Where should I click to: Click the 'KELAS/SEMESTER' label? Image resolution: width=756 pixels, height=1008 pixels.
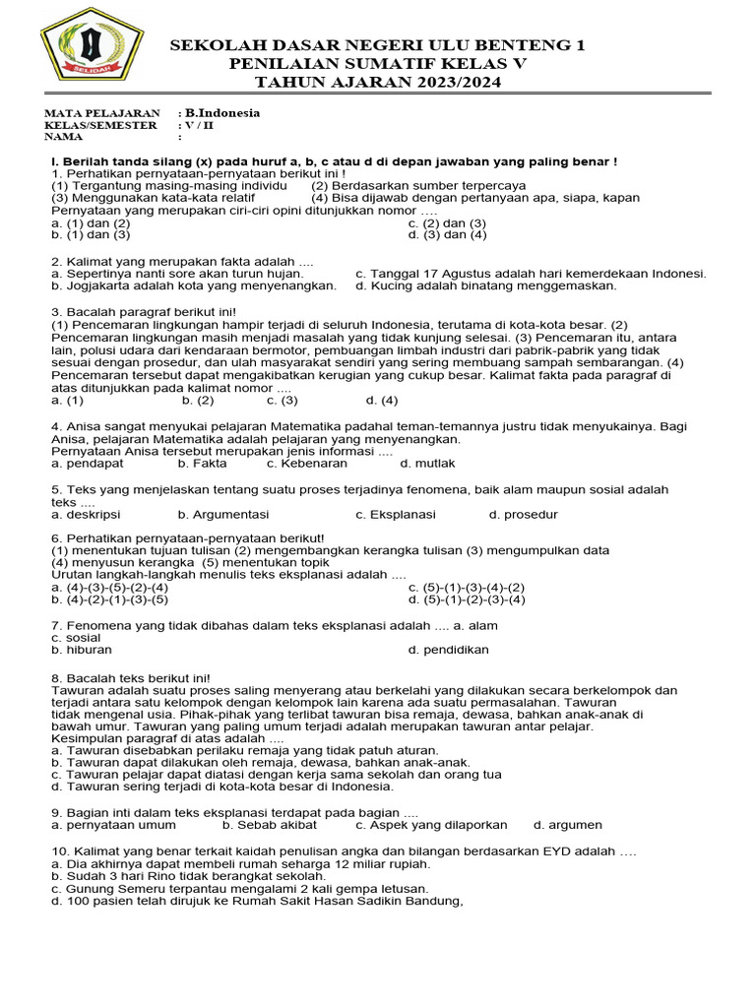(100, 125)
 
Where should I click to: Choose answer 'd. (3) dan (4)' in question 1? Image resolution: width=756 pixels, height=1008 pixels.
(447, 235)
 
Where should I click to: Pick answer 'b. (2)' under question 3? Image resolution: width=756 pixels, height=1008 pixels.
(197, 401)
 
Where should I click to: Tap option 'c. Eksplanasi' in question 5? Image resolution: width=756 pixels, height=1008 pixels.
(395, 515)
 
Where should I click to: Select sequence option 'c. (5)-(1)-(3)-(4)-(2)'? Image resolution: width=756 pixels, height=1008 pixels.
(467, 587)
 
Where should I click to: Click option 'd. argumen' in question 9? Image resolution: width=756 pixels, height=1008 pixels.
(568, 825)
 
